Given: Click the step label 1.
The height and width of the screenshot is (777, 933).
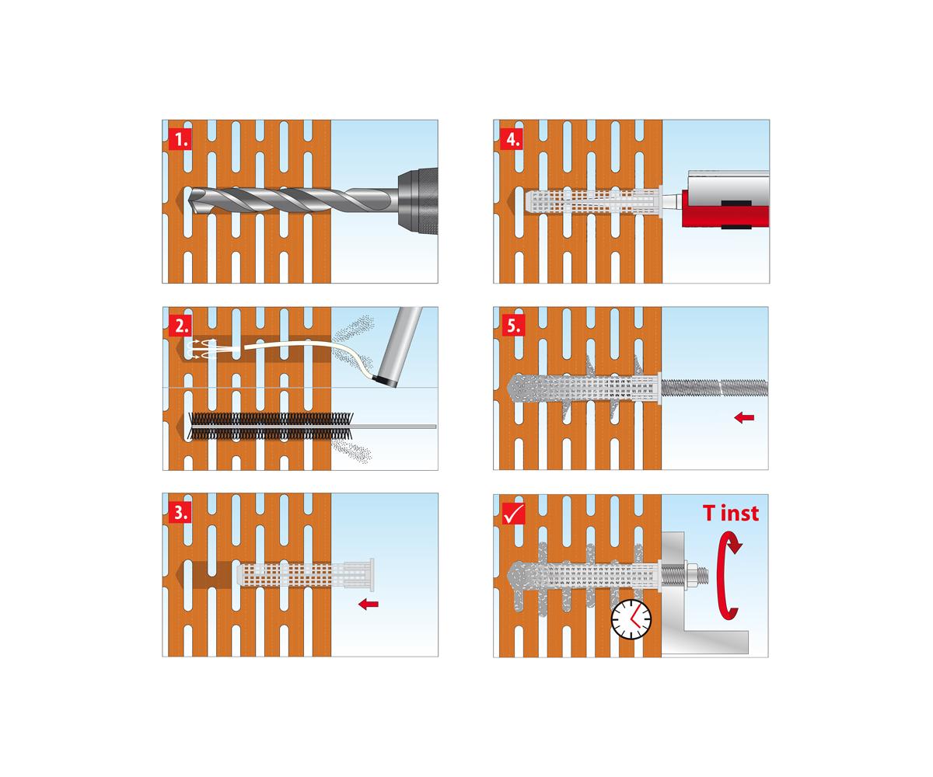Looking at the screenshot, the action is click(x=180, y=139).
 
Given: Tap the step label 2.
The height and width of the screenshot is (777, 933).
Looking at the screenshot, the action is click(x=180, y=326).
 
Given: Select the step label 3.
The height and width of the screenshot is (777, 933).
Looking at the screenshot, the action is click(x=180, y=512).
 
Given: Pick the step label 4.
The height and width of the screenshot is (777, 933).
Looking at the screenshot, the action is click(x=513, y=139).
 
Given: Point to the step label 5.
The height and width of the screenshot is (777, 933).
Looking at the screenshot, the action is click(x=513, y=326).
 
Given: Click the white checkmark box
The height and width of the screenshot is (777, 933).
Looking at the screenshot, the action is click(x=513, y=513).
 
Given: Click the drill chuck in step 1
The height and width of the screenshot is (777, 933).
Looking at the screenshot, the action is click(x=418, y=201).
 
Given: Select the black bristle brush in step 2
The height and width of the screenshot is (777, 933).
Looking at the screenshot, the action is click(x=271, y=427).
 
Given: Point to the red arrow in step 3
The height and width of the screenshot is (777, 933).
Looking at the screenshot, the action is click(x=369, y=605).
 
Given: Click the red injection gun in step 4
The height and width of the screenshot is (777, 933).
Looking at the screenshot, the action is click(x=725, y=209).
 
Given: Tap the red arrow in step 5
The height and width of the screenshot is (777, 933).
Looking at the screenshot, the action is click(x=744, y=417).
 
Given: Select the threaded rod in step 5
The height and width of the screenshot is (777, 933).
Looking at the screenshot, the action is click(x=714, y=388).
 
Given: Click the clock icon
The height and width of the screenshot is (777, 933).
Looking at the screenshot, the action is click(x=631, y=619).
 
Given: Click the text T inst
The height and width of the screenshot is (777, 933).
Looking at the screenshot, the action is click(x=731, y=513).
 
